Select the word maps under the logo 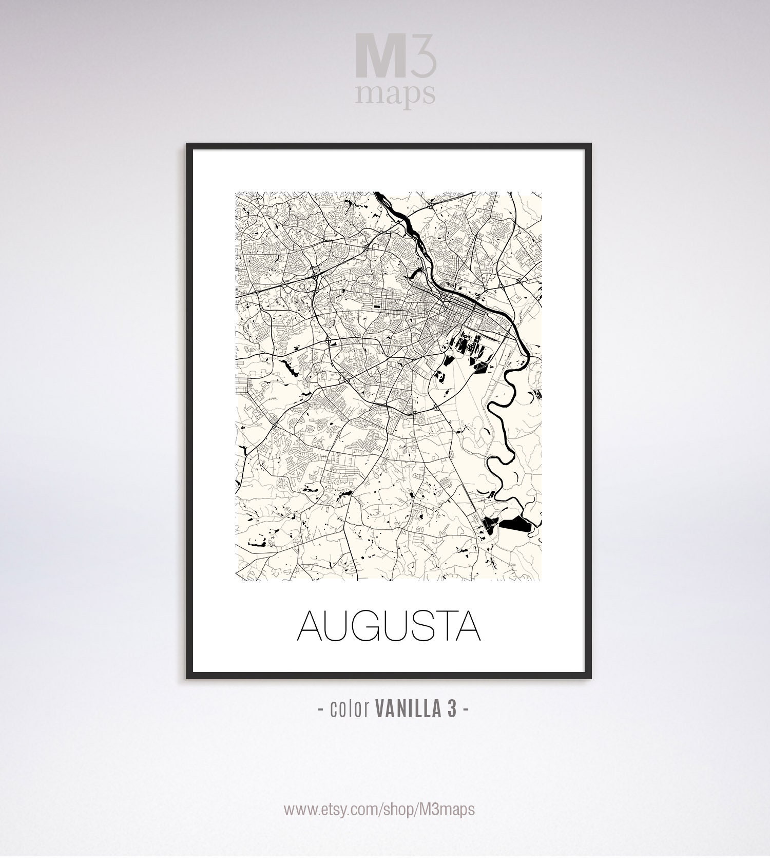[x=395, y=94]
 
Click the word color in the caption [x=351, y=709]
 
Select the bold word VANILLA [x=404, y=709]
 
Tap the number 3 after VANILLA [x=451, y=709]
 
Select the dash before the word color [x=320, y=710]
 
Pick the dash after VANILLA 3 [x=466, y=710]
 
